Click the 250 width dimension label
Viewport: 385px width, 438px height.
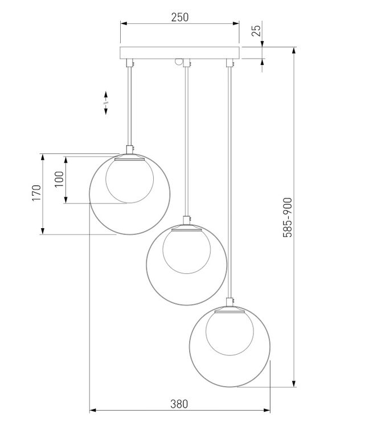coord(180,17)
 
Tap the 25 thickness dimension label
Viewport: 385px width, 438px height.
coord(256,30)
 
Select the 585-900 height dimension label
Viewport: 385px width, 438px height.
coord(288,218)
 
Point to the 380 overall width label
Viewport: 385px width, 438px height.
coord(179,404)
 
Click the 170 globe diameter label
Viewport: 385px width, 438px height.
coord(36,193)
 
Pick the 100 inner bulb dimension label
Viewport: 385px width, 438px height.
coord(59,179)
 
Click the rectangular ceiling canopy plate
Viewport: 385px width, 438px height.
coord(179,53)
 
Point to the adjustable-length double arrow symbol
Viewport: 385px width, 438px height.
coord(106,103)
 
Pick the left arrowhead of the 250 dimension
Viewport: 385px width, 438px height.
coord(124,23)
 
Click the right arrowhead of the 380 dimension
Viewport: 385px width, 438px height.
coord(267,411)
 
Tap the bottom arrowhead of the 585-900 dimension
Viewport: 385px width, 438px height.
coord(294,383)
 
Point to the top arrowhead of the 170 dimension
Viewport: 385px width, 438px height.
coord(43,157)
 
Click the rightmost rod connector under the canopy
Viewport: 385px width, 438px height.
coord(230,63)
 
